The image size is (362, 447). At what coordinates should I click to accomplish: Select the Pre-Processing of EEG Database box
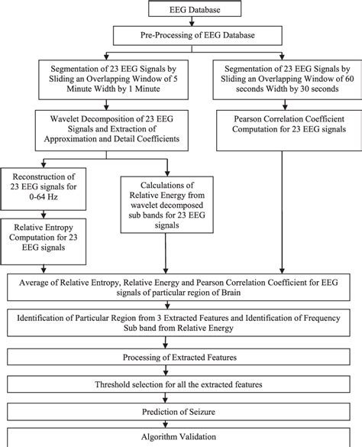[x=181, y=34]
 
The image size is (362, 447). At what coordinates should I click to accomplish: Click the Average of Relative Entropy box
[x=181, y=290]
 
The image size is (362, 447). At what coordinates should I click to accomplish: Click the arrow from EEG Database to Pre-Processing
[x=181, y=23]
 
